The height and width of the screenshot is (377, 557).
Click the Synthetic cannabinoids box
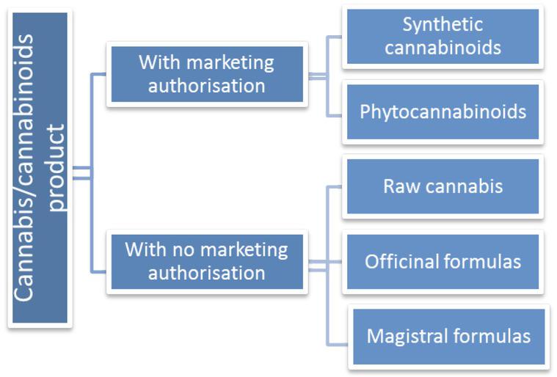point(443,37)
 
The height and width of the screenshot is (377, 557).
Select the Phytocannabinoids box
point(443,111)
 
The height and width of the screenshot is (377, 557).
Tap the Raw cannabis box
point(443,186)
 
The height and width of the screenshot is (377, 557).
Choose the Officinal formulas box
point(443,261)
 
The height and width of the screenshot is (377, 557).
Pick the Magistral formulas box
point(448,337)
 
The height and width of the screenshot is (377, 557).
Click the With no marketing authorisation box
point(206,261)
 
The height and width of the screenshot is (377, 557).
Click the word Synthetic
point(443,24)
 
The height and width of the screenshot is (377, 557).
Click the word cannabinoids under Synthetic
point(443,48)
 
